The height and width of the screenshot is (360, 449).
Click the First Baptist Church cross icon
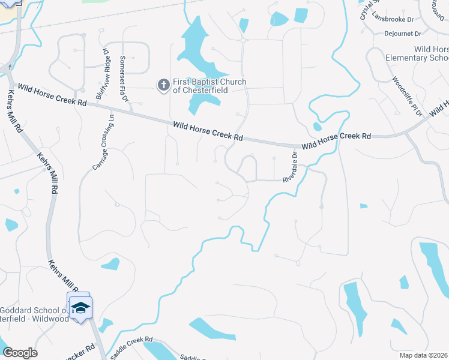163,85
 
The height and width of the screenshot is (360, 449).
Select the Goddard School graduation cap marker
80,308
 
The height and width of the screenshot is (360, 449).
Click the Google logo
20,353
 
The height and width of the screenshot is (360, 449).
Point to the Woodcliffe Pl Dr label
407,96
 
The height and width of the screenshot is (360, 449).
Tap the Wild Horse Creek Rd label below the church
208,131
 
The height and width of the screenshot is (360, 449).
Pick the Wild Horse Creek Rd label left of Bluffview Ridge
52,94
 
